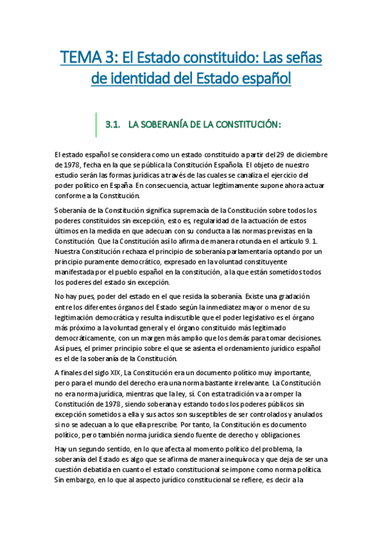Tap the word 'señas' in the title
[x=298, y=59]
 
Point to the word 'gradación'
[x=288, y=296]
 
